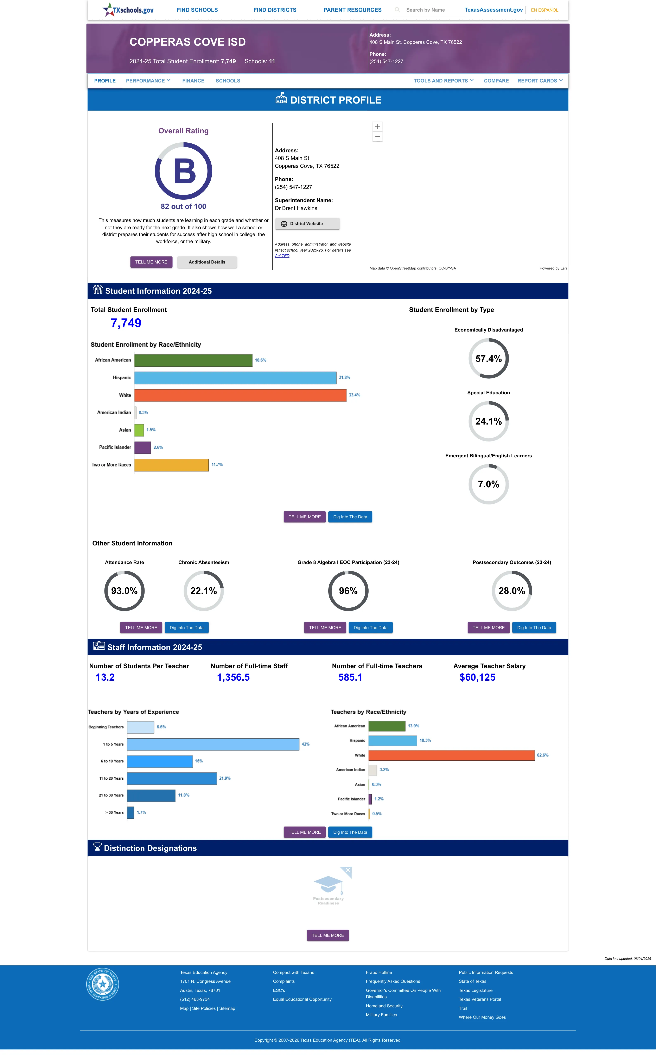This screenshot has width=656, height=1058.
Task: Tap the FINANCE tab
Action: (193, 81)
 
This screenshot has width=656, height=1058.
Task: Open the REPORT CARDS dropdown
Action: (540, 81)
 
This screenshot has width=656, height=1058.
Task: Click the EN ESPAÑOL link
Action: (544, 10)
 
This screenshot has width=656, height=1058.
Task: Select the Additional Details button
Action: (207, 262)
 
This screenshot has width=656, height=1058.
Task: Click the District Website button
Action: (307, 224)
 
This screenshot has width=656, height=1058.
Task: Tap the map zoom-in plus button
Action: (377, 126)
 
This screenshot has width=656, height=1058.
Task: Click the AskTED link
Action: (282, 256)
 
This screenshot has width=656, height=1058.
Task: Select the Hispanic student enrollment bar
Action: (235, 378)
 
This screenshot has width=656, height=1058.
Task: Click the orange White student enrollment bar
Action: (240, 395)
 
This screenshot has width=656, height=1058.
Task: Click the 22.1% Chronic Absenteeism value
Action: (203, 591)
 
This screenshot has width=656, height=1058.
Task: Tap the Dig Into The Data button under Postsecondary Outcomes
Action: (534, 628)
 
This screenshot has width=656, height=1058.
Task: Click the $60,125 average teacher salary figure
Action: (477, 677)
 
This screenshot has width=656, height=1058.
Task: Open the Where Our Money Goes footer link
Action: (482, 1017)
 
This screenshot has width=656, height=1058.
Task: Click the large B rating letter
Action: (185, 171)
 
